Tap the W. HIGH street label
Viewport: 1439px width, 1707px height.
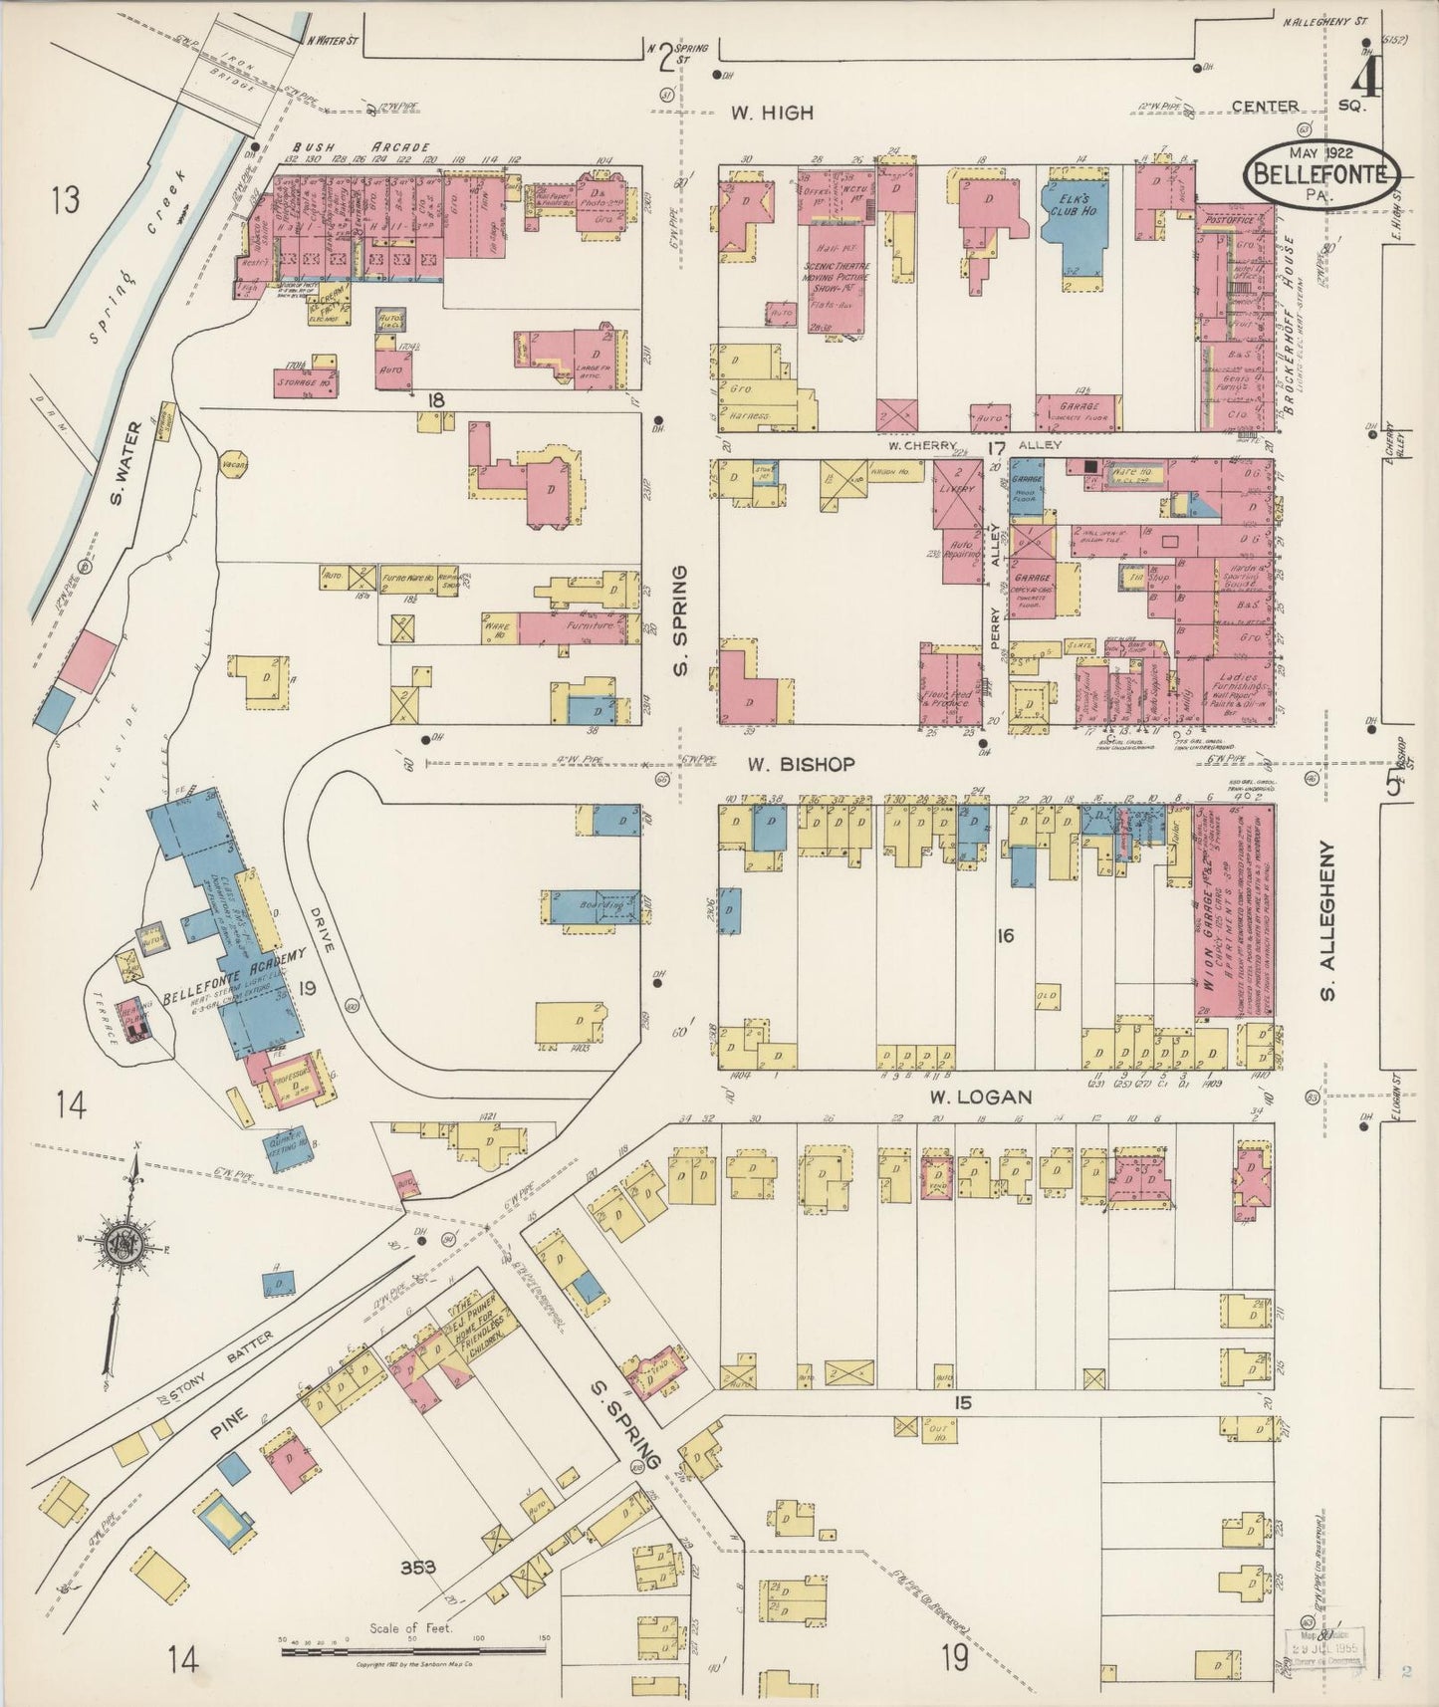(x=772, y=114)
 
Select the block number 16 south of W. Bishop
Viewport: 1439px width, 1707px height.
(x=1005, y=935)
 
